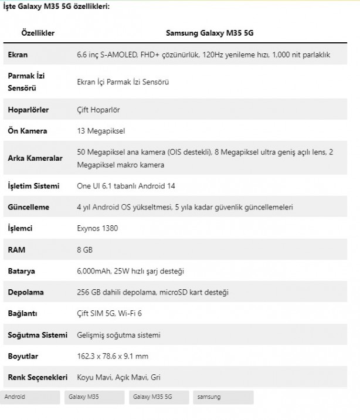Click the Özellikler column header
pyautogui.click(x=38, y=33)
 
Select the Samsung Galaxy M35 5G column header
pyautogui.click(x=210, y=33)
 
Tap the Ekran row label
pyautogui.click(x=18, y=55)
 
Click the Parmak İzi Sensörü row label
pyautogui.click(x=26, y=82)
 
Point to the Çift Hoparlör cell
pyautogui.click(x=98, y=110)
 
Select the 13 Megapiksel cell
pyautogui.click(x=101, y=131)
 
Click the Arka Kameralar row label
pyautogui.click(x=35, y=158)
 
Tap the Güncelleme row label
pyautogui.click(x=29, y=207)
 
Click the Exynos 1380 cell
pyautogui.click(x=97, y=228)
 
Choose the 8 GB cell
pyautogui.click(x=85, y=249)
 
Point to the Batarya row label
pyautogui.click(x=22, y=271)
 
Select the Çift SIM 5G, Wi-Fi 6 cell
pyautogui.click(x=113, y=313)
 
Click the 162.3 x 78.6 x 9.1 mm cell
pyautogui.click(x=113, y=356)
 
